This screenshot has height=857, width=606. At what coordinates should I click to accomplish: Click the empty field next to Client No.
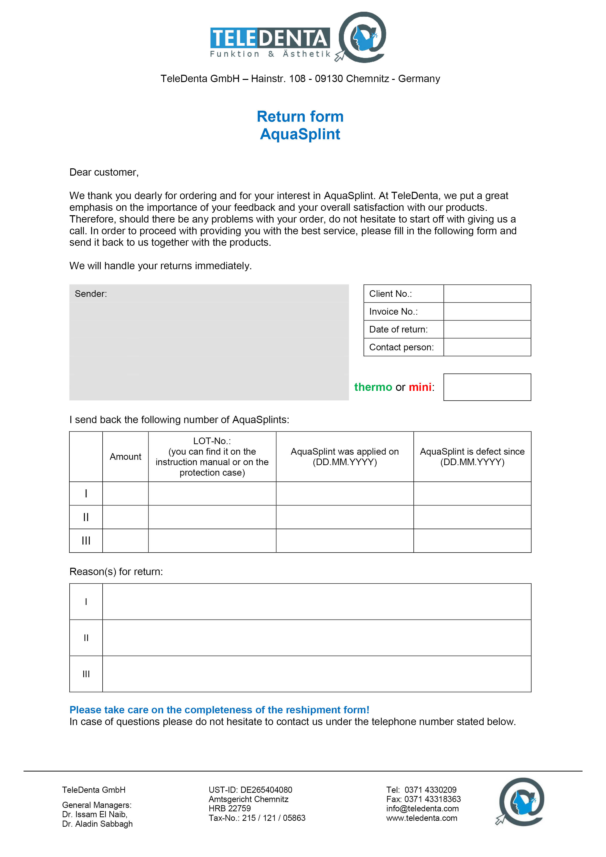pyautogui.click(x=487, y=294)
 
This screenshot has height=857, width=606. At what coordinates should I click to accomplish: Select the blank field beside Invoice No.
pyautogui.click(x=487, y=312)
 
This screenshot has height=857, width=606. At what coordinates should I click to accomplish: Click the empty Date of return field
pyautogui.click(x=487, y=329)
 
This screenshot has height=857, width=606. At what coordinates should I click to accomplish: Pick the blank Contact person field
pyautogui.click(x=487, y=347)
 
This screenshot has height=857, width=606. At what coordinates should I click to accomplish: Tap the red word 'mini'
pyautogui.click(x=420, y=387)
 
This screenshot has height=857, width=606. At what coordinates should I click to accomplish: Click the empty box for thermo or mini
pyautogui.click(x=487, y=387)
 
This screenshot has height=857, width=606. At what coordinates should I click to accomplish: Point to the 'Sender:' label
pyautogui.click(x=91, y=294)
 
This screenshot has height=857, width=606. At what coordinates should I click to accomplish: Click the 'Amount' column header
pyautogui.click(x=125, y=457)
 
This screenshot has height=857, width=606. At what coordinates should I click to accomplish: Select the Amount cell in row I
pyautogui.click(x=125, y=493)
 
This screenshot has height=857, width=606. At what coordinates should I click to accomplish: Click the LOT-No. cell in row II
pyautogui.click(x=212, y=517)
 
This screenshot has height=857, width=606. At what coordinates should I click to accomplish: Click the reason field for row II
pyautogui.click(x=317, y=638)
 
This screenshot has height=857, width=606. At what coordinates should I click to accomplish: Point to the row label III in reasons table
pyautogui.click(x=86, y=674)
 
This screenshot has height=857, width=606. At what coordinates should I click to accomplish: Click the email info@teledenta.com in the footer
pyautogui.click(x=422, y=808)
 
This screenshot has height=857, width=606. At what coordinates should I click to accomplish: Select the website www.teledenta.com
pyautogui.click(x=422, y=818)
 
